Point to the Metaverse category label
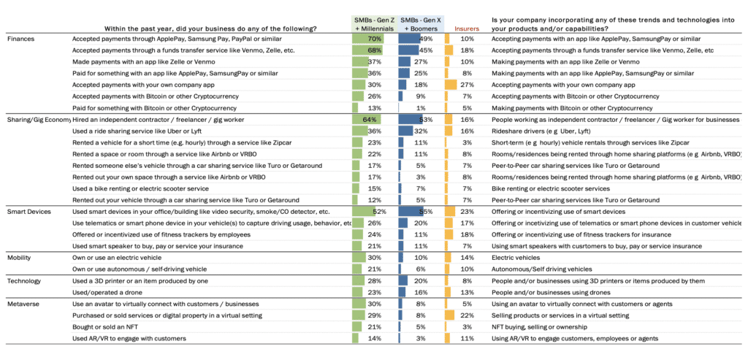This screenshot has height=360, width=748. [26, 303]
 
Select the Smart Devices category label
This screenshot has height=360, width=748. [30, 211]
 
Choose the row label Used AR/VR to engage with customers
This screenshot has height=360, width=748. [129, 338]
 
